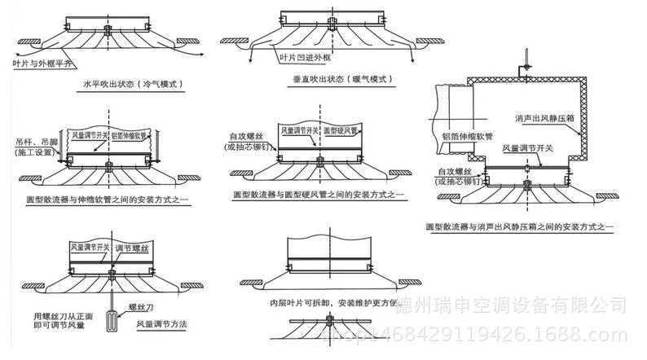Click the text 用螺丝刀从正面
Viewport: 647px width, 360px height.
tap(59, 315)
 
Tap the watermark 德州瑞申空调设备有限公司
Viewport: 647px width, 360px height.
tap(510, 305)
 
